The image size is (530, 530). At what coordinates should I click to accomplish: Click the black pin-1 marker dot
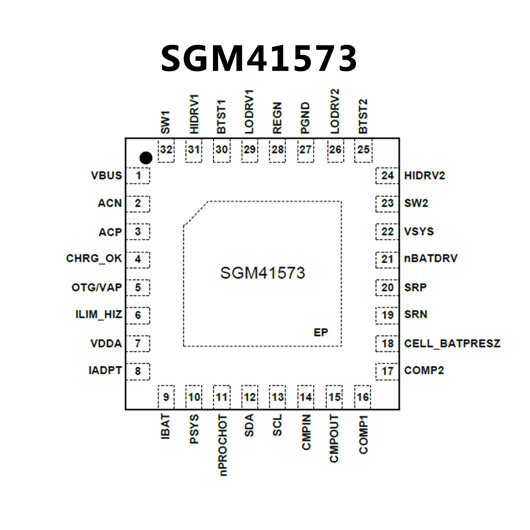pos(146,158)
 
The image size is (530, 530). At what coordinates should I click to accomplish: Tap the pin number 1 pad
pos(138,176)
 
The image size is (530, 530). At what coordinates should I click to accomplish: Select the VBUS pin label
pos(106,176)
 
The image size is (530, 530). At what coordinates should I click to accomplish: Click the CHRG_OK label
pos(94,259)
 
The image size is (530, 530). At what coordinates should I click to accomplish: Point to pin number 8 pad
pos(138,371)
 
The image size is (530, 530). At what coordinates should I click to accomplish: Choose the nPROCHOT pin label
pos(223,445)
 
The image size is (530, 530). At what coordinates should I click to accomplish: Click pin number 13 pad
pos(278,397)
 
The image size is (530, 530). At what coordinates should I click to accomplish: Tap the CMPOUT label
pos(334,439)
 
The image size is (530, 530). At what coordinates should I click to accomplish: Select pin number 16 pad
pos(363,397)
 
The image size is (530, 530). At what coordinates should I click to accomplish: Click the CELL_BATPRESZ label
pos(452,344)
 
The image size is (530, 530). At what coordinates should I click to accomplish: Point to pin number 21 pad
pos(387,259)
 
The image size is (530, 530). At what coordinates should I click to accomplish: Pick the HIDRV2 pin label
pos(424,176)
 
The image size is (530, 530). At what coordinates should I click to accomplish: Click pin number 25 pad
pos(363,150)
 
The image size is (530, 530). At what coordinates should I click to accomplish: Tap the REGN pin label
pos(277,118)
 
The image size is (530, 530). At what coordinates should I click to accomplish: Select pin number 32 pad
pos(166,150)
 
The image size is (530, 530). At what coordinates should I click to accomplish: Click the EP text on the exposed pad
pos(321,332)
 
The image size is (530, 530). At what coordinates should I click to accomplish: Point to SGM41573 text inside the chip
pos(262,273)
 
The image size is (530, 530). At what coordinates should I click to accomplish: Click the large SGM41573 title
pos(259,59)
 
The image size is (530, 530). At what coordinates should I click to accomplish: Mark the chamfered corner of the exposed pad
pos(196,213)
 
